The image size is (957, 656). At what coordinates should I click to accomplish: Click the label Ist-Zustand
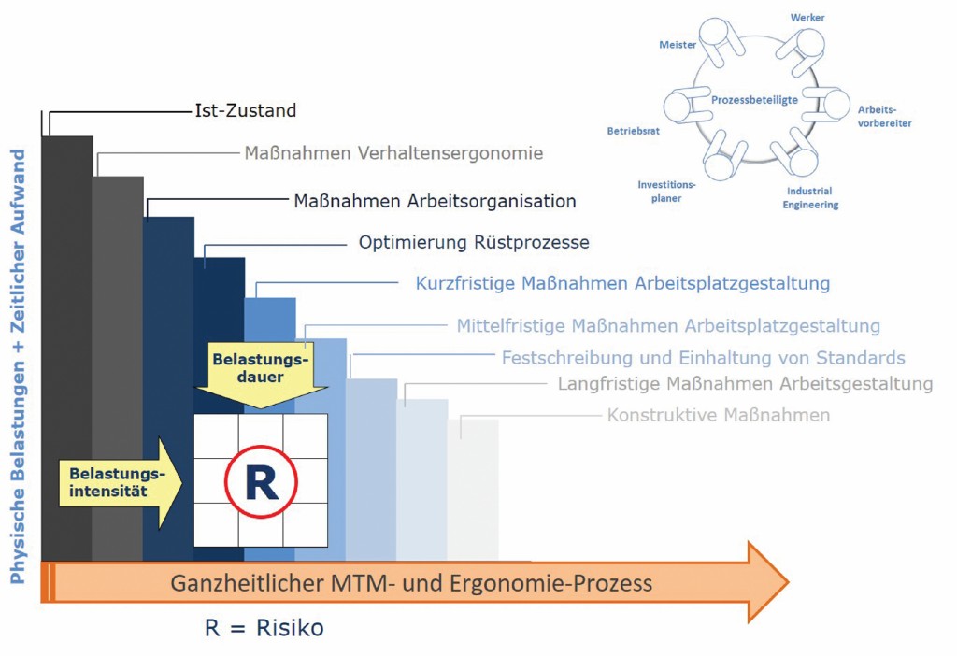point(246,111)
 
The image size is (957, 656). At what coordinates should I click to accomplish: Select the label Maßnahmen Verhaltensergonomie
point(393,153)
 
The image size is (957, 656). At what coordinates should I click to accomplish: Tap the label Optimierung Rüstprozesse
point(474,243)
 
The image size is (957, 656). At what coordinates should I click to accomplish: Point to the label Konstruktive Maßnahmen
point(718,415)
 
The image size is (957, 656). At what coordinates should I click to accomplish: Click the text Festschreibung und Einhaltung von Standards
point(703,358)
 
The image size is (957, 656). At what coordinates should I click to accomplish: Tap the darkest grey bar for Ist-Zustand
point(66,346)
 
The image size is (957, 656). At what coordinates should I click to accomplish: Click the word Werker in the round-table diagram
point(807,18)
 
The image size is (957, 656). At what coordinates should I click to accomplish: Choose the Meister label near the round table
point(677,45)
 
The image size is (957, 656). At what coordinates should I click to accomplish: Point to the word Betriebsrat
point(634,132)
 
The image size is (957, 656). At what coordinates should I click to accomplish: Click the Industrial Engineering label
point(810,197)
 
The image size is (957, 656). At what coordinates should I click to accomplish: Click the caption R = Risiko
point(264,628)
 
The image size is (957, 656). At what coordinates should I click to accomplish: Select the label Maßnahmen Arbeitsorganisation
point(435,201)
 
